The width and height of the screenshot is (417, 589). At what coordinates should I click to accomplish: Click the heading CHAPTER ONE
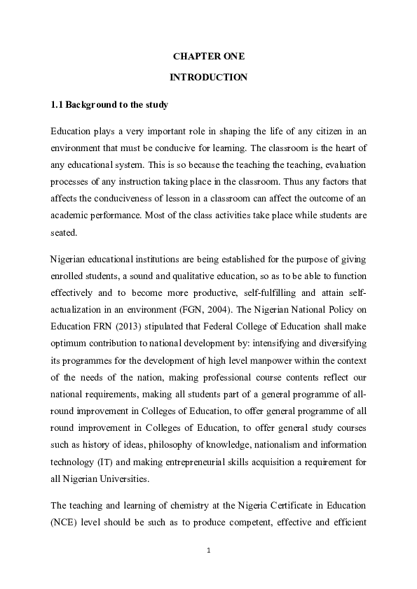[208, 56]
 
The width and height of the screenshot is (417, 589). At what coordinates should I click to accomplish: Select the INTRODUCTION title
[208, 78]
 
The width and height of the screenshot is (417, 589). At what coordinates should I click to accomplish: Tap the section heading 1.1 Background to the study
[109, 105]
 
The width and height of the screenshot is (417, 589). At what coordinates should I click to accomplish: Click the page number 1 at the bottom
[209, 551]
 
